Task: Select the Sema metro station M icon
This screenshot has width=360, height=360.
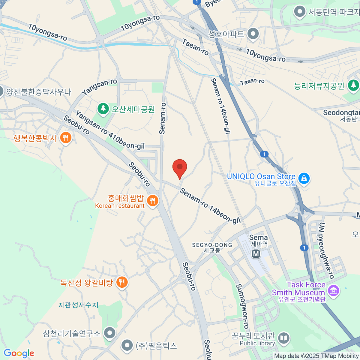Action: tap(256, 254)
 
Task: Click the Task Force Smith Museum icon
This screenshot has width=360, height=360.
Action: tap(333, 290)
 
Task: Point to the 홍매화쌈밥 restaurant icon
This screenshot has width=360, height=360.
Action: tap(152, 201)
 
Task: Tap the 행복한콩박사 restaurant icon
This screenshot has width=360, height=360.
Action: tap(65, 138)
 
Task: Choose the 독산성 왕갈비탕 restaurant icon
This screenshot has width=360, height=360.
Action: tap(121, 282)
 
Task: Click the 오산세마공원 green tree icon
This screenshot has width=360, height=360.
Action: tap(103, 108)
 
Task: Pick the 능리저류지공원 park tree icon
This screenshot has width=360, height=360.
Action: tap(353, 85)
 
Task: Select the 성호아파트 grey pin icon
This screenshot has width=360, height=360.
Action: tap(253, 34)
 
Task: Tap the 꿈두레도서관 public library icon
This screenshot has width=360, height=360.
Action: tap(283, 338)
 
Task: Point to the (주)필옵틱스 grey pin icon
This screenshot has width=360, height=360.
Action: tap(127, 345)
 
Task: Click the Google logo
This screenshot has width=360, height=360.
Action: tap(19, 353)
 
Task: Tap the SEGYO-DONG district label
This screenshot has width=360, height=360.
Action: tap(212, 247)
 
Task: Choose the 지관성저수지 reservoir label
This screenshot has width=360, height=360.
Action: tap(78, 305)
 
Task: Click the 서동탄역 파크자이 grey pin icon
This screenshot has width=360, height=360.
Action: tap(299, 12)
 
